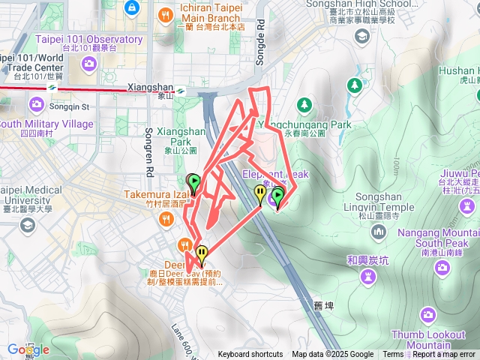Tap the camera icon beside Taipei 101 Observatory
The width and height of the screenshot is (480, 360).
89,64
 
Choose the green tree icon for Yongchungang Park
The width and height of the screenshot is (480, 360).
304,103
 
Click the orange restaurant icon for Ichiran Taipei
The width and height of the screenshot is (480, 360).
165,13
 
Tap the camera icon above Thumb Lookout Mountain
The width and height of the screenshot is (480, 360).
427,313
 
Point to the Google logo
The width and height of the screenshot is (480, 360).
28,349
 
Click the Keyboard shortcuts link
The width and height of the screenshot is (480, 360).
250,355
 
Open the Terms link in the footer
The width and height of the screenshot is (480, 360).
393,355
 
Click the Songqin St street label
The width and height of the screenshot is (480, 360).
69,107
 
